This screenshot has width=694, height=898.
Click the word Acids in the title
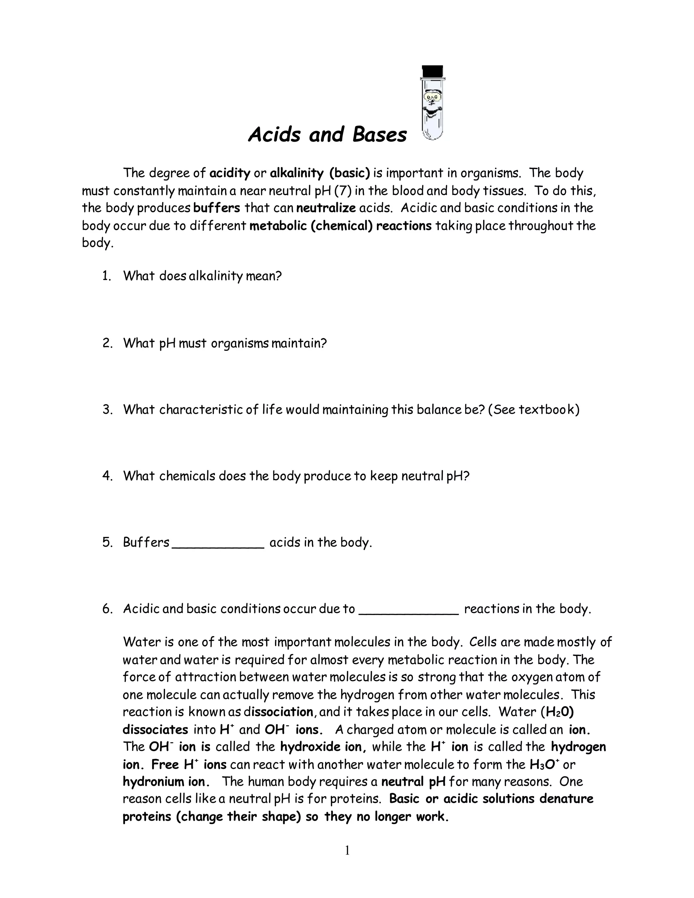coord(274,135)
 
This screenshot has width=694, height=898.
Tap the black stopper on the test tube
coord(432,72)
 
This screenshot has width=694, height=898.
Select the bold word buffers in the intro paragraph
coord(216,208)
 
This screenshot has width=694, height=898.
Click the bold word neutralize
coord(326,208)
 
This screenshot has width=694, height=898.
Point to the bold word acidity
coord(230,173)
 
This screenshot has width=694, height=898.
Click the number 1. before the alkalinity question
coord(106,276)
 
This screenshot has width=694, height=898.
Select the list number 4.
coord(106,476)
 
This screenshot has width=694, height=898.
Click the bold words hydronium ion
coord(166,782)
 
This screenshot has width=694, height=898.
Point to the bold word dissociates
coord(156,730)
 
